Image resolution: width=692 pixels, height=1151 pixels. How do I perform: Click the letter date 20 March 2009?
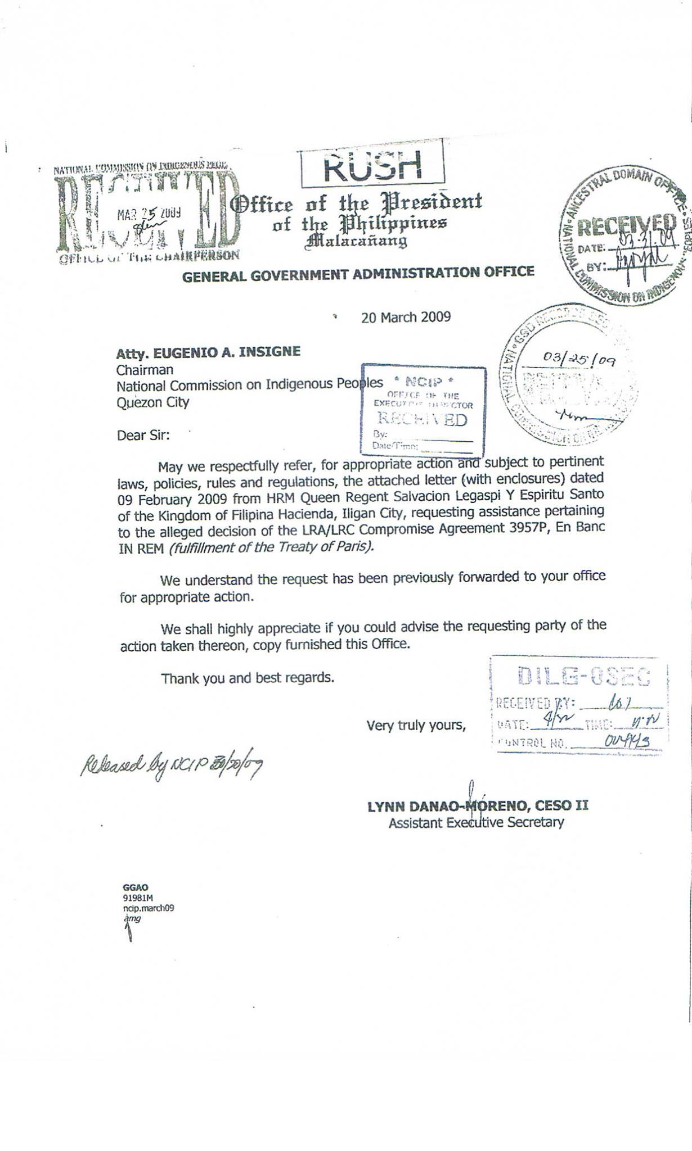pyautogui.click(x=406, y=318)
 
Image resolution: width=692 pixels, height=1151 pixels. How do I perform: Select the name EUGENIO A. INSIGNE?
pyautogui.click(x=227, y=352)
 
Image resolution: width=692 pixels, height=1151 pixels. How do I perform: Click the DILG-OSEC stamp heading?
pyautogui.click(x=583, y=676)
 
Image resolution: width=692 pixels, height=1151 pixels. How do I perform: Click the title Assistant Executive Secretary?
pyautogui.click(x=476, y=823)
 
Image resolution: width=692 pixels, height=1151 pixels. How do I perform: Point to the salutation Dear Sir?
pyautogui.click(x=143, y=435)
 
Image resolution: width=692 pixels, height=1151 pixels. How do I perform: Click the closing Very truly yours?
pyautogui.click(x=416, y=726)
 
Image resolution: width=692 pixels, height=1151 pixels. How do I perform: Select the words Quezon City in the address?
pyautogui.click(x=152, y=402)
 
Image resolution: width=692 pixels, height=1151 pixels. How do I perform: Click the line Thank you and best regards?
pyautogui.click(x=248, y=678)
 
